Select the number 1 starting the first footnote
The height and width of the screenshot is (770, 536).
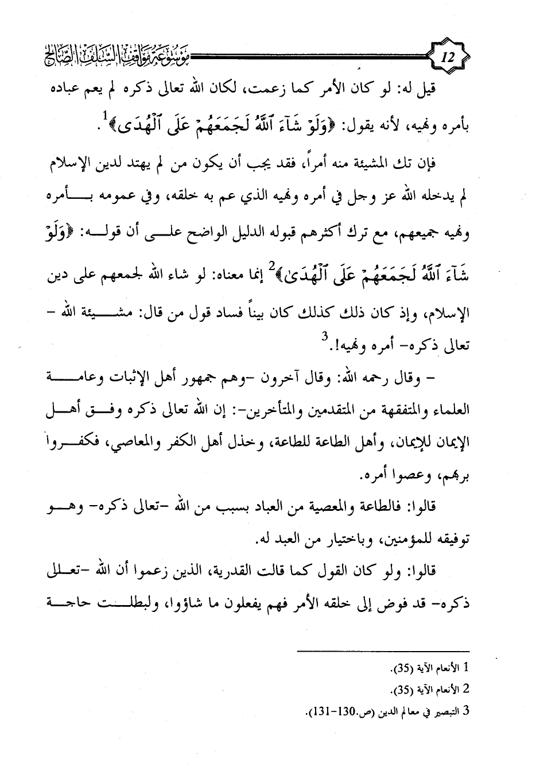click(x=466, y=668)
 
